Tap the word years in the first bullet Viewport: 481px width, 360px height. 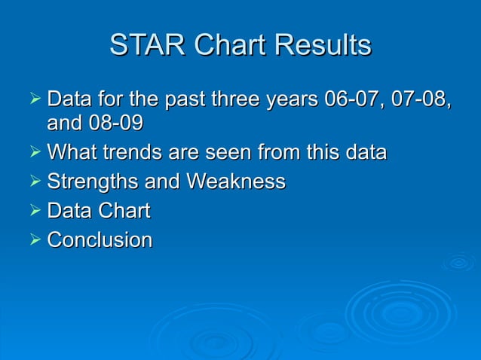(x=291, y=99)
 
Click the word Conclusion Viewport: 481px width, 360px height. (x=100, y=240)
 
